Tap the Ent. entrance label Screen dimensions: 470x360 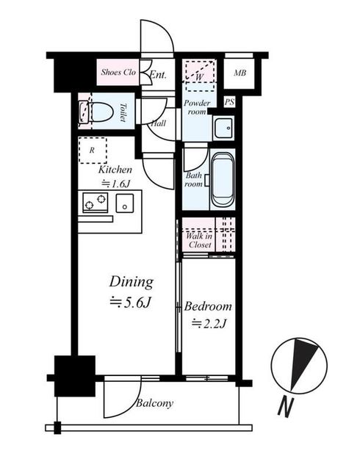[x=158, y=74]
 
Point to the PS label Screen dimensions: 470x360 [x=229, y=102]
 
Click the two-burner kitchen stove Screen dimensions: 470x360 [x=95, y=201]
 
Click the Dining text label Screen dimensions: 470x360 [x=132, y=282]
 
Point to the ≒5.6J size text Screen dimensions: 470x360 [x=132, y=302]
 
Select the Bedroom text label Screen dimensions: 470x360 [x=209, y=306]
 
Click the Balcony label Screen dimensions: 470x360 [x=154, y=403]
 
